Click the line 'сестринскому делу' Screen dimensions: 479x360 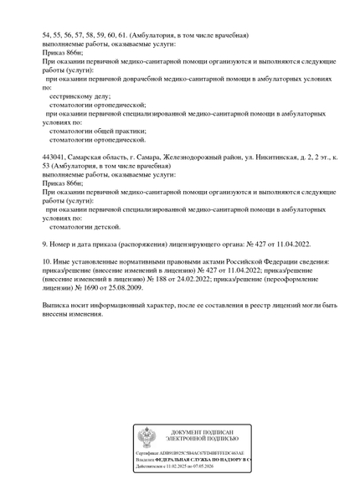coord(75,96)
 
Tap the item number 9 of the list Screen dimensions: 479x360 coord(45,244)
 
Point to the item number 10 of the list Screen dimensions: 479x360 coord(47,261)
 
